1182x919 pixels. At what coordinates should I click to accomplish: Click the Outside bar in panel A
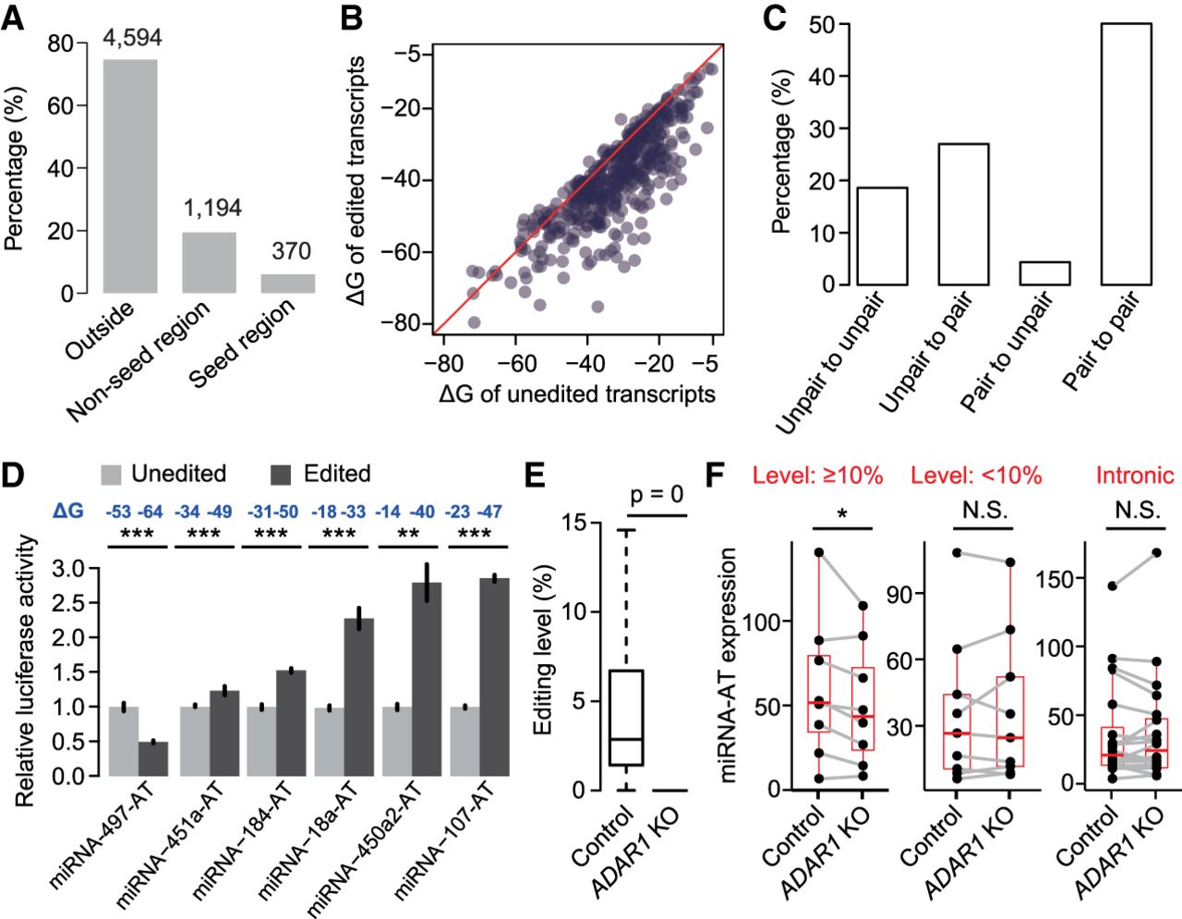(x=129, y=175)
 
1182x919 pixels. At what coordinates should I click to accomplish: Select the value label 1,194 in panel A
(x=212, y=209)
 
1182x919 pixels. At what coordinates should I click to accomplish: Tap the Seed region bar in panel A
(x=288, y=283)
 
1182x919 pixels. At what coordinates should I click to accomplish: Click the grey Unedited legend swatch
(x=111, y=475)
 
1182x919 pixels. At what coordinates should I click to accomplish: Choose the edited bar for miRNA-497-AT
(x=153, y=758)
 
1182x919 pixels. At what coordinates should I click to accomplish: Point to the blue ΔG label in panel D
(x=67, y=511)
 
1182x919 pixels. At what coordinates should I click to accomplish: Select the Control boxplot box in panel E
(x=626, y=718)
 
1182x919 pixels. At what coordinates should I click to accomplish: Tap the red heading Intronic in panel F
(x=1135, y=476)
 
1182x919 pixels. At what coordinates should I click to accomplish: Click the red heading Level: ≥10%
(x=817, y=476)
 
